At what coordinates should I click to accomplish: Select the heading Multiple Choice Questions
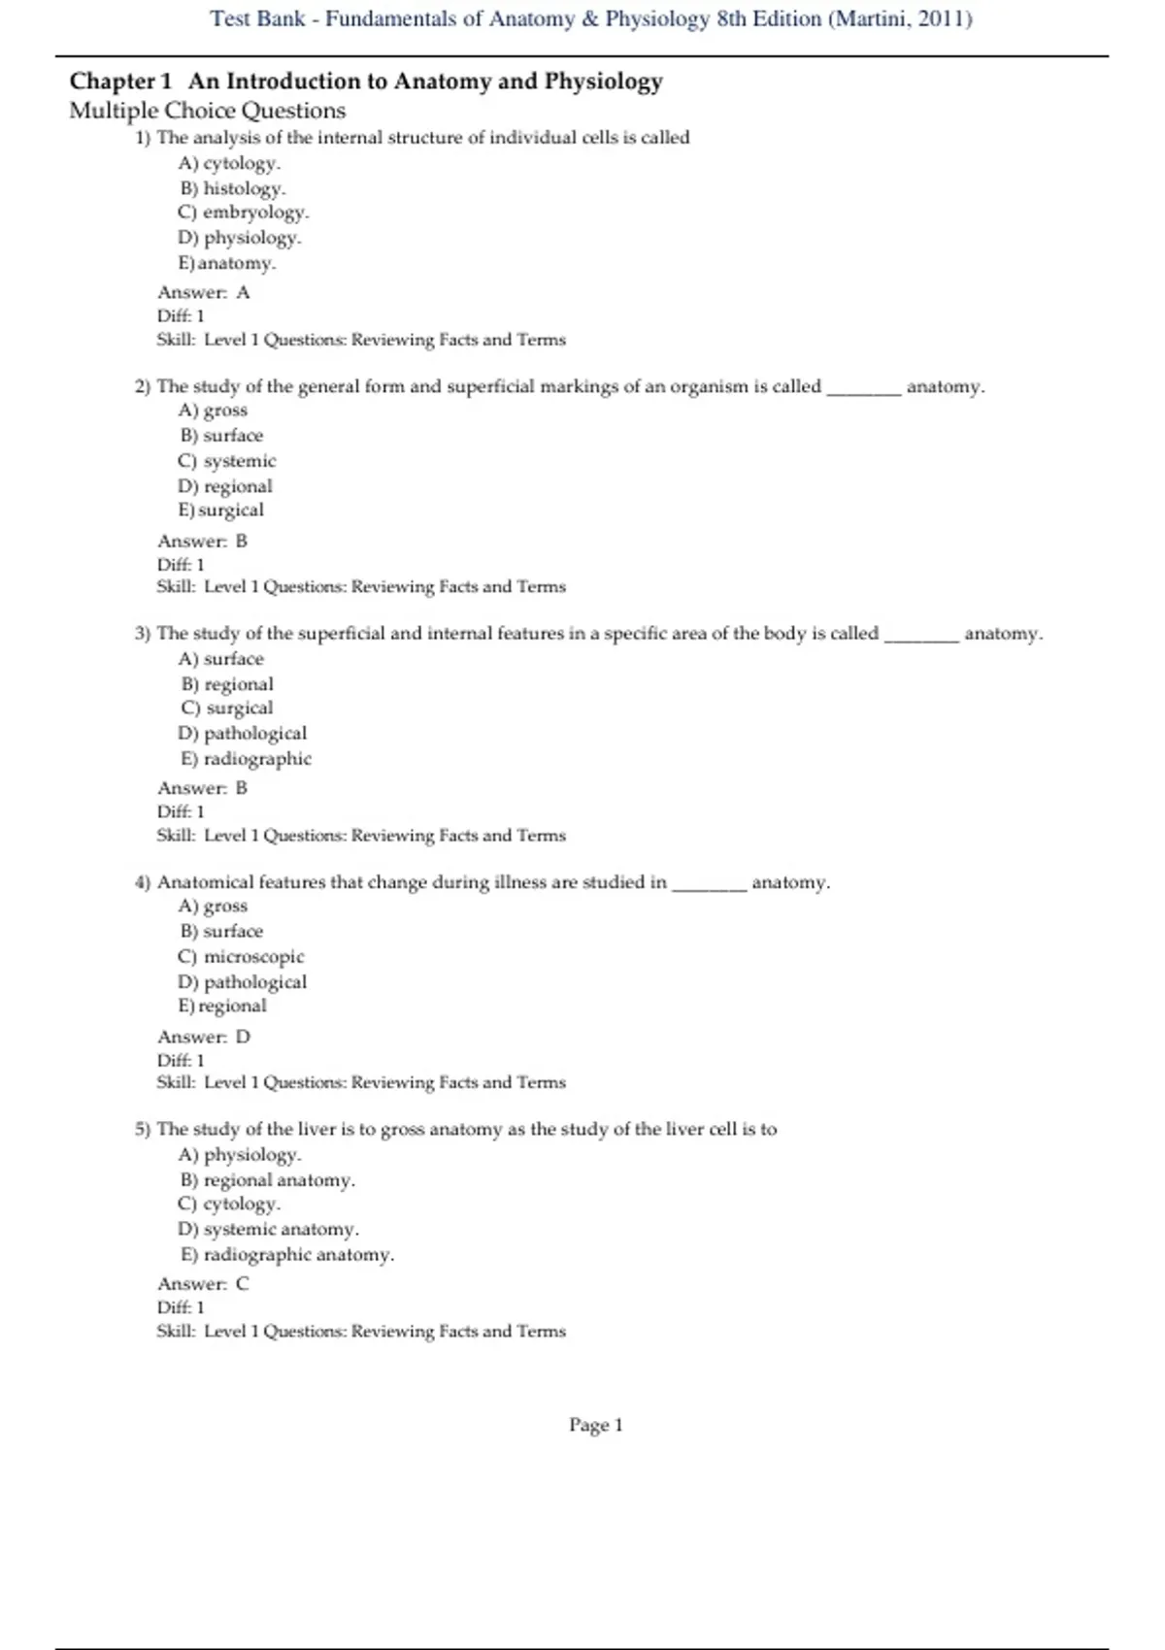pos(207,111)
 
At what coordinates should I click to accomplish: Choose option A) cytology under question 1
pos(229,163)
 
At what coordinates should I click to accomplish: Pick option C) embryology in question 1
pos(243,213)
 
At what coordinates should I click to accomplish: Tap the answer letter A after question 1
pos(243,292)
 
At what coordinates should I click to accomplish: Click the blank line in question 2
pos(863,388)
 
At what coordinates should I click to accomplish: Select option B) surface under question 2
pos(221,436)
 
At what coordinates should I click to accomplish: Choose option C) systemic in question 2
pos(227,461)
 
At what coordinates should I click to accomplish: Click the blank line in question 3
pos(921,635)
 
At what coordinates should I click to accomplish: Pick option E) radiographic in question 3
pos(246,759)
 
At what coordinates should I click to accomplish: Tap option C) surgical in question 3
pos(227,709)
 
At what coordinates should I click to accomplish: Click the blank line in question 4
pos(710,884)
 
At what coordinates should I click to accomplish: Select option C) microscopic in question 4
pos(241,957)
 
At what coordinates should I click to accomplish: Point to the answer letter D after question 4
pos(243,1037)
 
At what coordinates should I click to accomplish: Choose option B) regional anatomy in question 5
pos(267,1180)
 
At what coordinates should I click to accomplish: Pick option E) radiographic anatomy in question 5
pos(287,1255)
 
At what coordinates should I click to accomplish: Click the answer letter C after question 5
pos(243,1284)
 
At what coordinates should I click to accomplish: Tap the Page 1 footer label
pos(596,1425)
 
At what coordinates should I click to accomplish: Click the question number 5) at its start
pos(143,1130)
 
